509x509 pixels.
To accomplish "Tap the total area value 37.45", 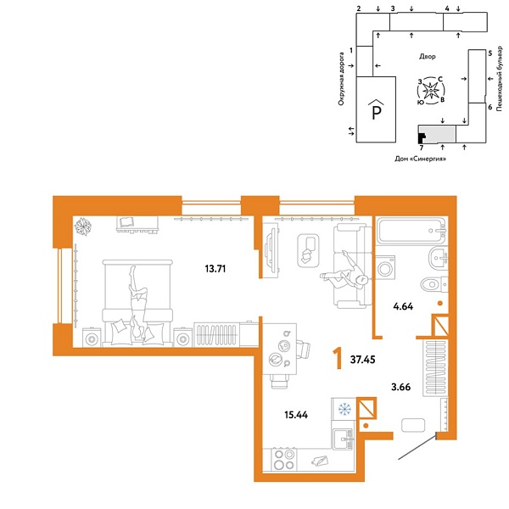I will tap(366, 360).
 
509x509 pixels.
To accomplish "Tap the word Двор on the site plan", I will tap(427, 57).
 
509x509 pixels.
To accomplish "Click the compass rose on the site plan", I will tap(431, 89).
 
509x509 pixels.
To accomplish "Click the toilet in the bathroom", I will tap(431, 283).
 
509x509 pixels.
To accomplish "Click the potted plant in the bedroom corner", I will tap(83, 226).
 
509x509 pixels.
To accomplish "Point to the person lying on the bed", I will tap(137, 301).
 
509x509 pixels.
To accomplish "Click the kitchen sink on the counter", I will tap(343, 438).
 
